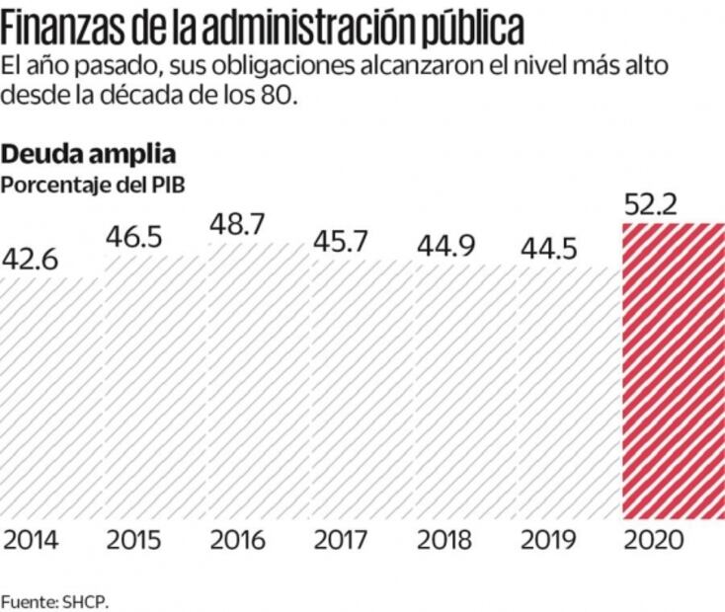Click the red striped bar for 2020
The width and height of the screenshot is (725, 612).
pyautogui.click(x=673, y=370)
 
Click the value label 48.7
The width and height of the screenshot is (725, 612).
pyautogui.click(x=237, y=225)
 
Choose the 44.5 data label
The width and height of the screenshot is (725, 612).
pyautogui.click(x=548, y=248)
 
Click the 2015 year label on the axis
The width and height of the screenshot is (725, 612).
pyautogui.click(x=134, y=541)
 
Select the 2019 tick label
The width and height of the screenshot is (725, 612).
pyautogui.click(x=548, y=541)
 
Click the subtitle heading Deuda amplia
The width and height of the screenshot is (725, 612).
pyautogui.click(x=89, y=154)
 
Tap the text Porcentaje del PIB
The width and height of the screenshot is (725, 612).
pyautogui.click(x=93, y=184)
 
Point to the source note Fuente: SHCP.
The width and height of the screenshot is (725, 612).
pyautogui.click(x=53, y=599)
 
